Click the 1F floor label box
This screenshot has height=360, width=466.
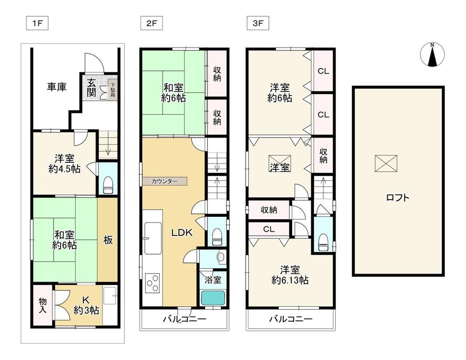pyautogui.click(x=37, y=23)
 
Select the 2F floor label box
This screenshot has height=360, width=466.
pyautogui.click(x=151, y=23)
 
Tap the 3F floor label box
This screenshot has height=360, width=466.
pyautogui.click(x=258, y=23)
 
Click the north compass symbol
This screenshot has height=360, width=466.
pyautogui.click(x=432, y=55)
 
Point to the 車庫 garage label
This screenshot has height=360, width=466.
pyautogui.click(x=56, y=87)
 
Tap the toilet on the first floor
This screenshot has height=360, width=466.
pyautogui.click(x=108, y=185)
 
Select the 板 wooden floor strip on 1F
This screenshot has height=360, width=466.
pyautogui.click(x=108, y=240)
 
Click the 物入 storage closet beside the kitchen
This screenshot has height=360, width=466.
pyautogui.click(x=43, y=305)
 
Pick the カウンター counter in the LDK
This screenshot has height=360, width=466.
pyautogui.click(x=164, y=181)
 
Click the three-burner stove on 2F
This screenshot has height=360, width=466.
pyautogui.click(x=152, y=283)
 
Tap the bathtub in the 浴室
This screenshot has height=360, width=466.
pyautogui.click(x=213, y=298)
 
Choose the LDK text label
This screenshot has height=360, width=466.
pyautogui.click(x=182, y=233)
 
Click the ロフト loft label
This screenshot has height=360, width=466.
pyautogui.click(x=397, y=197)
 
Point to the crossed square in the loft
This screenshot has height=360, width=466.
pyautogui.click(x=386, y=163)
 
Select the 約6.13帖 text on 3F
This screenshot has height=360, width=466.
pyautogui.click(x=290, y=280)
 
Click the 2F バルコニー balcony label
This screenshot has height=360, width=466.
pyautogui.click(x=184, y=319)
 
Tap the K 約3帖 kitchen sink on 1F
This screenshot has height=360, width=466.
pyautogui.click(x=110, y=296)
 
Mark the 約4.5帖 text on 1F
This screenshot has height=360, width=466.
pyautogui.click(x=64, y=169)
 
